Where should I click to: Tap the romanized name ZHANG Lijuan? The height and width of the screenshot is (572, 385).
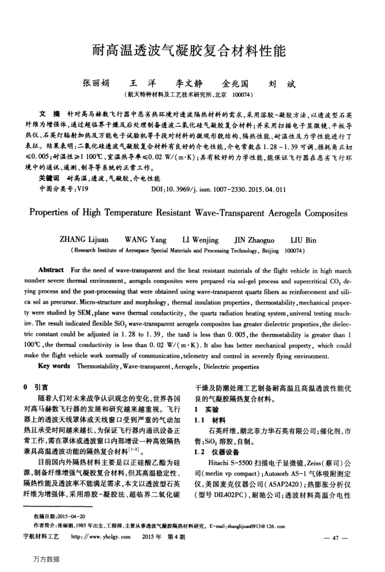pyautogui.click(x=84, y=239)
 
